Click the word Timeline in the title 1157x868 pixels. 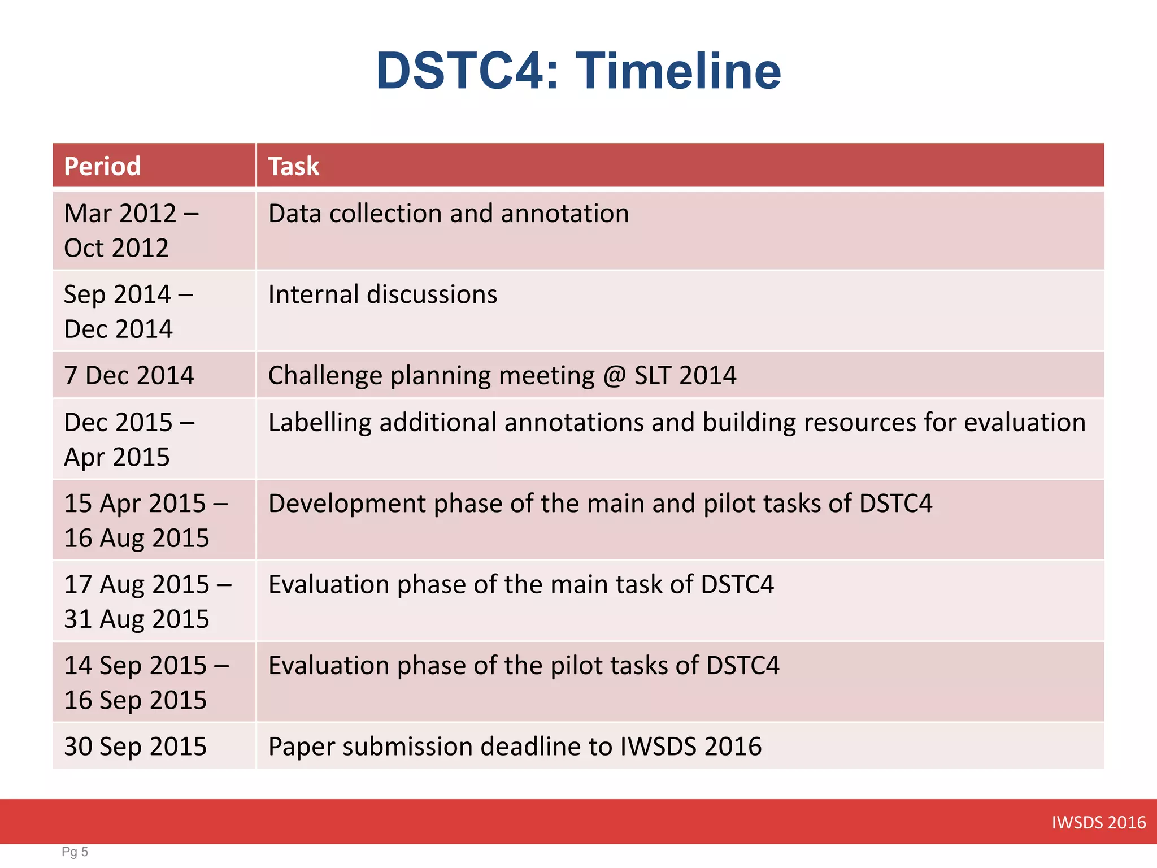678,71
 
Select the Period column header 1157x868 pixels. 102,166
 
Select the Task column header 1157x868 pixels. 293,166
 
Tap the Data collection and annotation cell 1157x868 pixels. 448,214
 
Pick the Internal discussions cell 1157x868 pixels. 382,295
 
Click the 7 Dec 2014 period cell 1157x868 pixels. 129,376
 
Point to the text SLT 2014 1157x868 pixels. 685,376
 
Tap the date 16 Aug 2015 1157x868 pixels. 136,538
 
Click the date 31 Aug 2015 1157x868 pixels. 136,619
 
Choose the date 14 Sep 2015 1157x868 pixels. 136,666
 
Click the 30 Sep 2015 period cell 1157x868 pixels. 135,747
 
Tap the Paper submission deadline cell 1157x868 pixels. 515,747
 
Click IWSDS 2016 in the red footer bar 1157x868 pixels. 1098,822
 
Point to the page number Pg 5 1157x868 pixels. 75,852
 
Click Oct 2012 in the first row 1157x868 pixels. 116,249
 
